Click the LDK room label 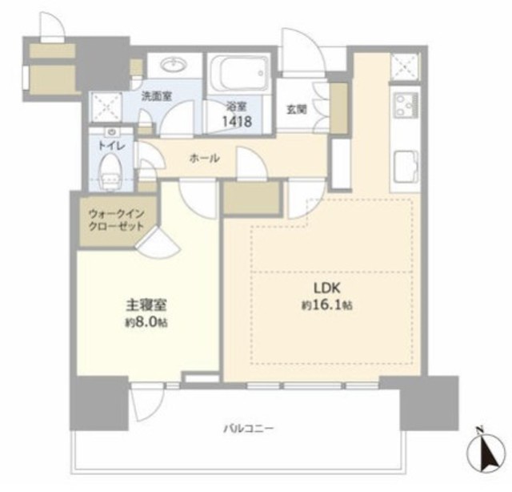[x=327, y=288]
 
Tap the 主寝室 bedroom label [x=146, y=305]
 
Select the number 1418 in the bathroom [x=237, y=122]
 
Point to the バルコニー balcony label [x=249, y=428]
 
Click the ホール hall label [x=205, y=159]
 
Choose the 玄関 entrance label [x=297, y=110]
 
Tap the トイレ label [x=111, y=146]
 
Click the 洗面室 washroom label [x=157, y=96]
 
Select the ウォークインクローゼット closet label [x=116, y=220]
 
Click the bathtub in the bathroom [x=240, y=73]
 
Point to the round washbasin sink [x=174, y=64]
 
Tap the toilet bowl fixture [x=111, y=171]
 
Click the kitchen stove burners [x=406, y=105]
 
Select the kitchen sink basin [x=406, y=167]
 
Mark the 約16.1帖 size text [x=327, y=305]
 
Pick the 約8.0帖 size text [x=146, y=323]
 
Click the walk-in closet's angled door [x=158, y=243]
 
